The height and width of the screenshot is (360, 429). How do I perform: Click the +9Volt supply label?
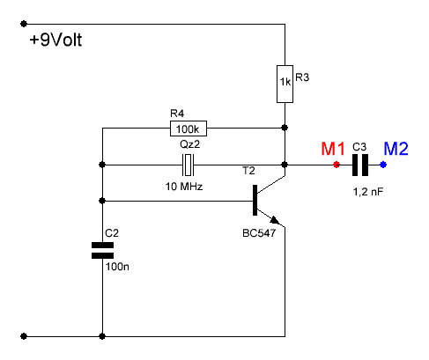point(55,40)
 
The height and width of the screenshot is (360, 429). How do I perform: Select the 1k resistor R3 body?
point(285,84)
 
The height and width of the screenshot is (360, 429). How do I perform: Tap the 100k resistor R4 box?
point(189,129)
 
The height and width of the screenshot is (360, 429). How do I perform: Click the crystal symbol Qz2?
point(189,165)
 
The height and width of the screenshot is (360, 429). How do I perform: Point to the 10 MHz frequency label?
point(184,187)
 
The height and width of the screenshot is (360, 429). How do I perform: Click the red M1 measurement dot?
point(337,165)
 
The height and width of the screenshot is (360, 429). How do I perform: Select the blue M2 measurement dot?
point(383,165)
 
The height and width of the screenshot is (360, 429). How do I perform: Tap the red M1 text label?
point(333,149)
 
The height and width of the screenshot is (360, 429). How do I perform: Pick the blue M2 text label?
point(396,149)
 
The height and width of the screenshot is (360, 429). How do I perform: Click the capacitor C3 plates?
point(360,165)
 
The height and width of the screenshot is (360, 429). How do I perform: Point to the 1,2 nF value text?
point(368,192)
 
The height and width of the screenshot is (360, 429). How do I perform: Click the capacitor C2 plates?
point(102,250)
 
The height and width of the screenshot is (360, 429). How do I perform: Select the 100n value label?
point(117,267)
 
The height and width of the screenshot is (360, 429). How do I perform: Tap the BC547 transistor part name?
point(259,233)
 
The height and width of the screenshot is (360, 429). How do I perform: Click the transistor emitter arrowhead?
point(274,220)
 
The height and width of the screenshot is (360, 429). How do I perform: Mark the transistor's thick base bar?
point(255,200)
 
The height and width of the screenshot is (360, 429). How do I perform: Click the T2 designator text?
point(248,171)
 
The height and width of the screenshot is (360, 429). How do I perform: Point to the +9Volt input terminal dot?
point(24,24)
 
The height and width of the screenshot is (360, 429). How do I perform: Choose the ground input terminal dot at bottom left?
point(24,336)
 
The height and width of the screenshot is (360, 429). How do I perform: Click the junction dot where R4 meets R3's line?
point(285,128)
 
